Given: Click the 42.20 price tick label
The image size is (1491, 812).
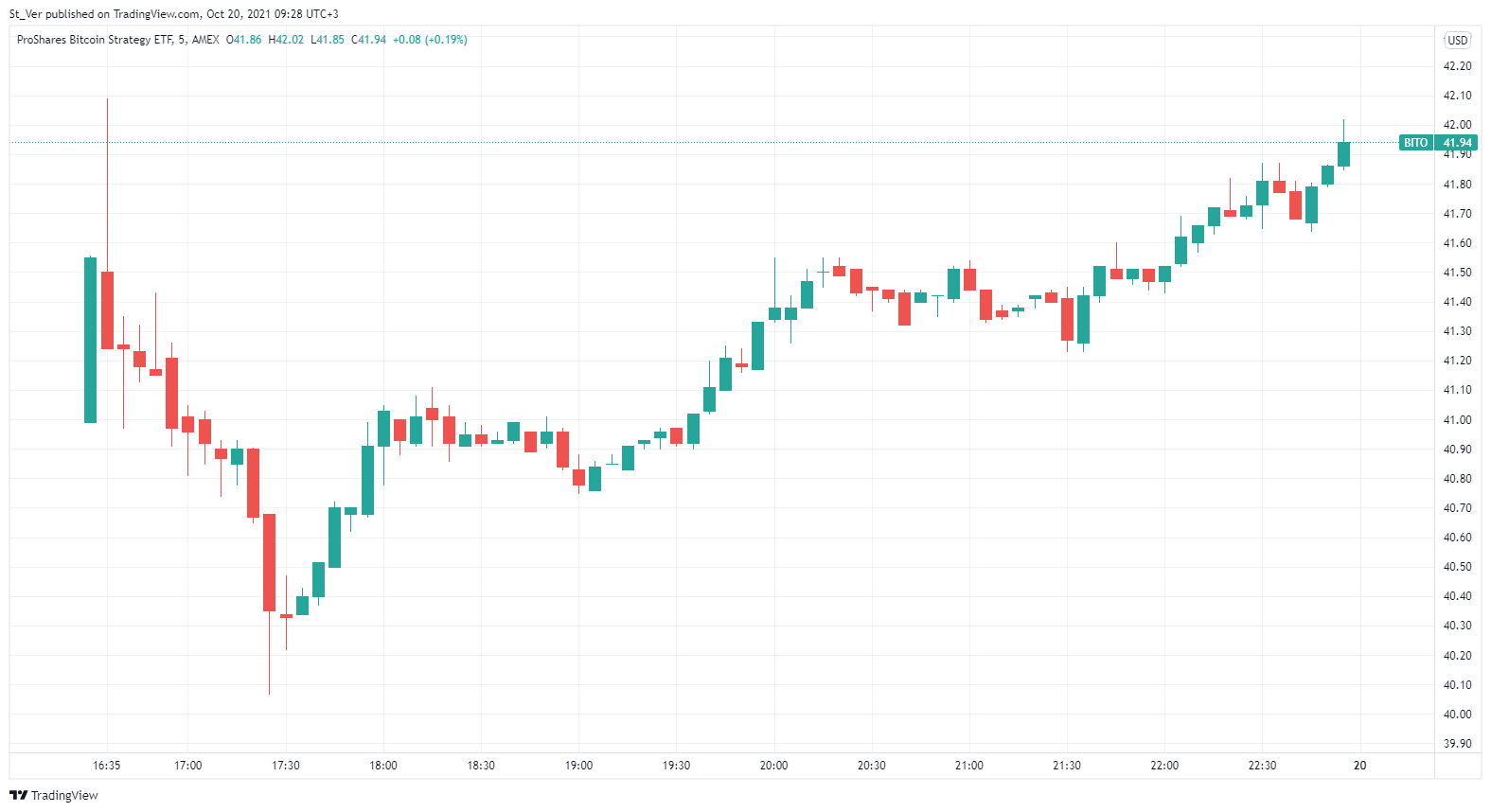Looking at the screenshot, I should (1457, 66).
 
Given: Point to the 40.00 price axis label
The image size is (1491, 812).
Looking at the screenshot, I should (1457, 715).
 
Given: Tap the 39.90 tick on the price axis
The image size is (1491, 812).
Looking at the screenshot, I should (1457, 744).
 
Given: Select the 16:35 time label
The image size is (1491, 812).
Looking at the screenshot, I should (107, 766).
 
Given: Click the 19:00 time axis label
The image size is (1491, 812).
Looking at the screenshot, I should (578, 766).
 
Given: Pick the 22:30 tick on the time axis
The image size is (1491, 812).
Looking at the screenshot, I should (1262, 766).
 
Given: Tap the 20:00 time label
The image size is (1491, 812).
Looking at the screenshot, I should (773, 766).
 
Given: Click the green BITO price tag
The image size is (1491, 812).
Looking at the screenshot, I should (1415, 143).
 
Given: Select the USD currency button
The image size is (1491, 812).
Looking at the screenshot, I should (1457, 40).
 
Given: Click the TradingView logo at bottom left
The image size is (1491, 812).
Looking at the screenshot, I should (54, 795).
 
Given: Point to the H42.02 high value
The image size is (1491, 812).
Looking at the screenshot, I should (286, 40).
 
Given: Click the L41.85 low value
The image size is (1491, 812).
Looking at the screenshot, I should (328, 40).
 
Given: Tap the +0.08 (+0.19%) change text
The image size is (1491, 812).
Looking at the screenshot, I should (430, 40).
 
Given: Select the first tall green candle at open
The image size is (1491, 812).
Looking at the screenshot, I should (91, 340).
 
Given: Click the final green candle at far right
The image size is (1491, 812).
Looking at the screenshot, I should (1343, 154).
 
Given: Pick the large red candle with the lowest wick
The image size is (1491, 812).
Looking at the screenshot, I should (270, 562).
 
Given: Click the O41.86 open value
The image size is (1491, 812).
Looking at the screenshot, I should (244, 40).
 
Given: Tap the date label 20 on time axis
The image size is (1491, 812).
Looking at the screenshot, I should (1359, 766).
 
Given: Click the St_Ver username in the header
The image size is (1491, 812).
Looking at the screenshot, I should (26, 14).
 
